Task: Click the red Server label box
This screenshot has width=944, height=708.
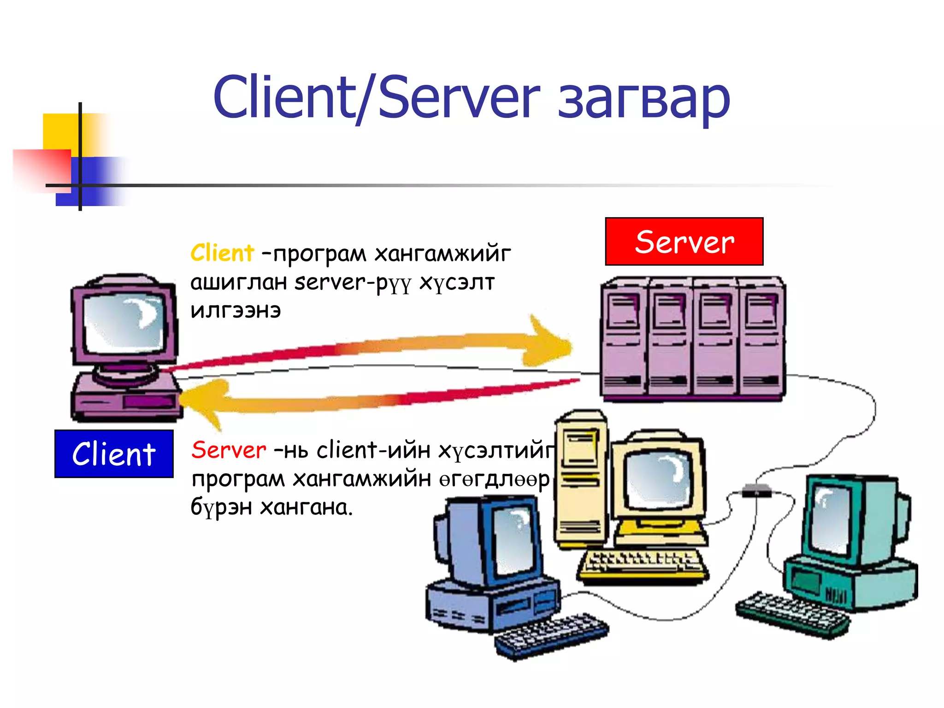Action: (684, 242)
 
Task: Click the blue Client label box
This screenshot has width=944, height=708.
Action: (114, 454)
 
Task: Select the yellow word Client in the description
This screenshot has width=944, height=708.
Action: (222, 253)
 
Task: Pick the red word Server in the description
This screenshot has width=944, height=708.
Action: (229, 450)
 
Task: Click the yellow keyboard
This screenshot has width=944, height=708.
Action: (643, 565)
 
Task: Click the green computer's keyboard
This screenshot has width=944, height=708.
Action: (792, 614)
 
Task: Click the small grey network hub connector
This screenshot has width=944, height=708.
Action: (756, 490)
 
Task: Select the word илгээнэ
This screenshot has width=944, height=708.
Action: (236, 311)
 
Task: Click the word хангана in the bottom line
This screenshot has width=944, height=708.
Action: (306, 507)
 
